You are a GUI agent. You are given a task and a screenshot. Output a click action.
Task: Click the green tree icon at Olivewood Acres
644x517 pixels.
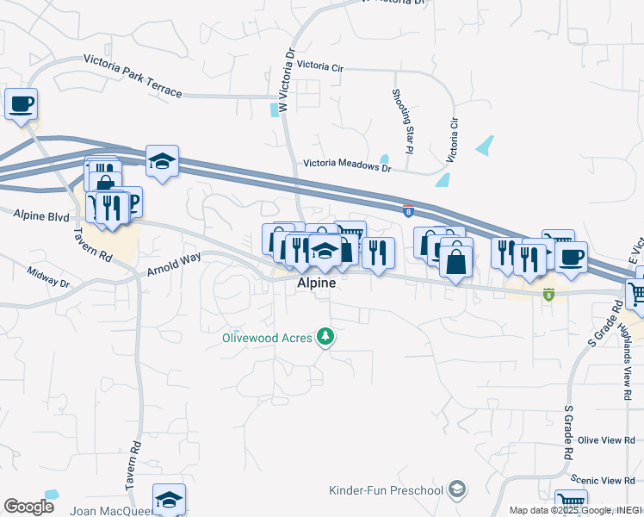coord(325,336)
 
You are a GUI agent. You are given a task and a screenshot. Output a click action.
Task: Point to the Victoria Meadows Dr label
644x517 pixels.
coord(346,168)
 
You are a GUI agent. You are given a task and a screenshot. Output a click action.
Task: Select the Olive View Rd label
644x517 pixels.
coord(605,440)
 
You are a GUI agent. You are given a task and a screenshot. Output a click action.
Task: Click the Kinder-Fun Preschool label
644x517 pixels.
coord(386,490)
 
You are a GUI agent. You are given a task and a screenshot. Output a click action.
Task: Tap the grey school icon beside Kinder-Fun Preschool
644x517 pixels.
coord(458,490)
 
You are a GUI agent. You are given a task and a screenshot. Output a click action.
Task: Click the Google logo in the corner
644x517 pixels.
coord(28,507)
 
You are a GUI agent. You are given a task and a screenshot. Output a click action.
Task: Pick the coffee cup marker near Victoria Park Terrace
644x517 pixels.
coord(22,104)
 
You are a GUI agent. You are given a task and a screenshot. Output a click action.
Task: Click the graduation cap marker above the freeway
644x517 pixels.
coord(162,160)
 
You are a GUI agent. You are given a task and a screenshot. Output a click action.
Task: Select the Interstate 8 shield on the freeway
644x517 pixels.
coord(407,209)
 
